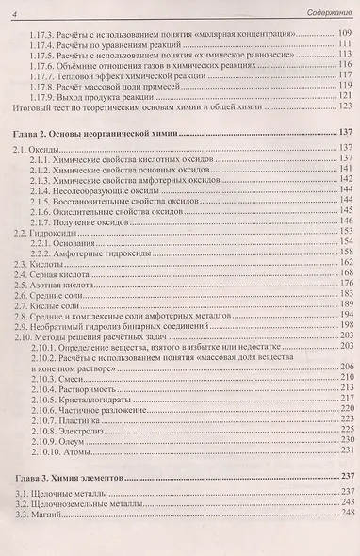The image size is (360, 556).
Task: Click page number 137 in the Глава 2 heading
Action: pyautogui.click(x=345, y=130)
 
